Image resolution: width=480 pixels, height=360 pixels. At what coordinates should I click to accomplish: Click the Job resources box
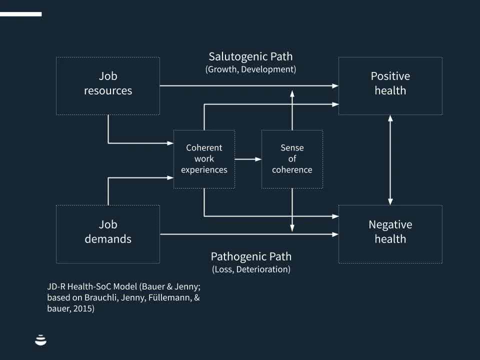tap(108, 85)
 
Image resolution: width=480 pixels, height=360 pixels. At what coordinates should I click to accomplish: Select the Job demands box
tap(108, 233)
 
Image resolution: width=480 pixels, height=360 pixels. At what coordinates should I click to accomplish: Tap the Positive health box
tap(390, 85)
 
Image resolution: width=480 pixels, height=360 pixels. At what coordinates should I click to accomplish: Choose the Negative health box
tap(390, 233)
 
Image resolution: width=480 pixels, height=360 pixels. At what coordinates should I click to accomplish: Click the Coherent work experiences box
tap(204, 159)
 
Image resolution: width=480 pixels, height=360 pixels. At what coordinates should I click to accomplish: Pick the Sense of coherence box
tap(292, 159)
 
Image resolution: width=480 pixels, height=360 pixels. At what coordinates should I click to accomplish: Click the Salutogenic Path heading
tap(250, 56)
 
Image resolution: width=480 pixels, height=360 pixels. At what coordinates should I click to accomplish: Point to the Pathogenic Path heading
tap(250, 256)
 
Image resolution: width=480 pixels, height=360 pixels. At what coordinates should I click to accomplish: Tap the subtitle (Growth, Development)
tap(250, 69)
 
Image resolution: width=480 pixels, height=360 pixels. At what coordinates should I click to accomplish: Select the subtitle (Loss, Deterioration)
tap(250, 269)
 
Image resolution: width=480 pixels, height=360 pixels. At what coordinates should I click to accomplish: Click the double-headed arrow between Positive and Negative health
tap(390, 159)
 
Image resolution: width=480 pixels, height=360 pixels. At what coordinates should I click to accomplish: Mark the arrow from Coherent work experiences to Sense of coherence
tap(248, 159)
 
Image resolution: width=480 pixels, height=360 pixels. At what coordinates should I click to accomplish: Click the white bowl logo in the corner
tap(41, 340)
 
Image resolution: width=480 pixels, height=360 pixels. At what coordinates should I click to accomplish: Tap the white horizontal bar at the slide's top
tap(20, 14)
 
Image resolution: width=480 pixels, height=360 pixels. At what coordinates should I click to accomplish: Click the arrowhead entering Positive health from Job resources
tap(335, 86)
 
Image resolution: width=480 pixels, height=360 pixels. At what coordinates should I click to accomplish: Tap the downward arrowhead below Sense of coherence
tap(292, 228)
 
